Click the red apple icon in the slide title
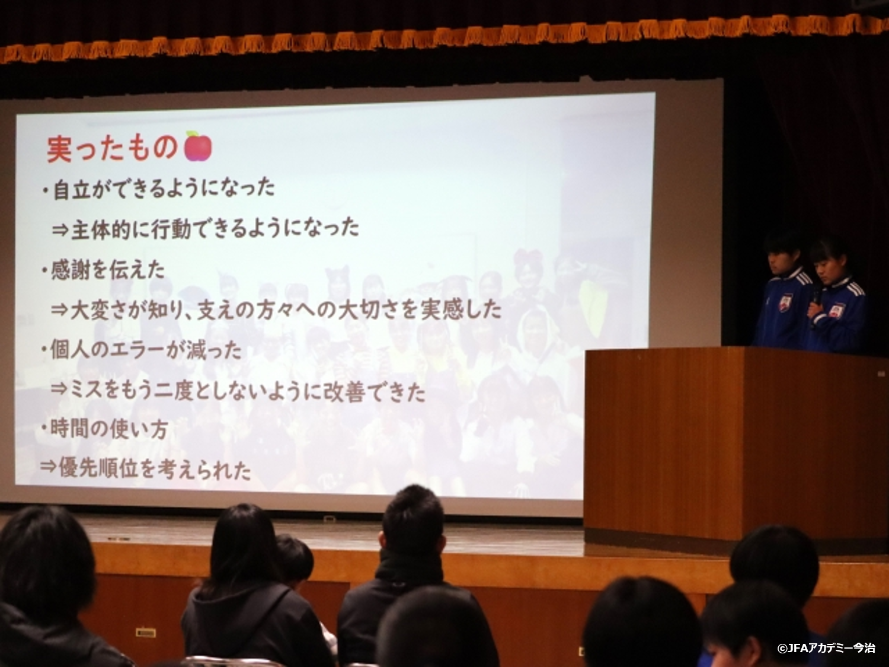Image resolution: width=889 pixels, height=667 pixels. pyautogui.click(x=198, y=146)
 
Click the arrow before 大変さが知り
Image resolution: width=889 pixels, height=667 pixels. pyautogui.click(x=59, y=310)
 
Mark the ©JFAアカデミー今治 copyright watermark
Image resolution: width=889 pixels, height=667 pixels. pyautogui.click(x=826, y=649)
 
